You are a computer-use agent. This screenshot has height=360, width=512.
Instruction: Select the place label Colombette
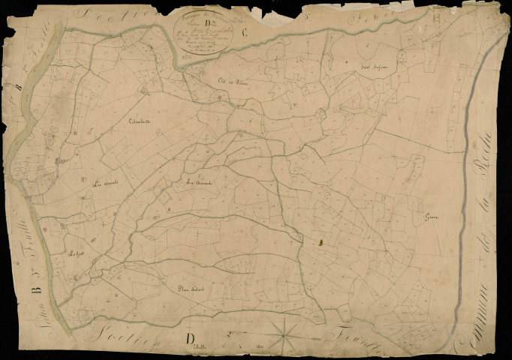pos(140,121)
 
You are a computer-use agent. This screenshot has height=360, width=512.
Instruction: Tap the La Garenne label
pos(200,182)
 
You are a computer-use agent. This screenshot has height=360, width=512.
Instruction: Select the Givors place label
pos(431,218)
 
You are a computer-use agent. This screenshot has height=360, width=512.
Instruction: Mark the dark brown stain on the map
pos(319,242)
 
